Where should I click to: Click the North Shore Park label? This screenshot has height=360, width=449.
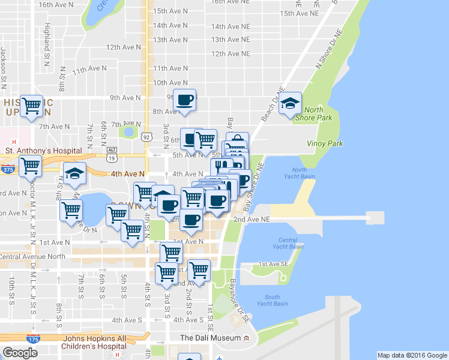[318, 114]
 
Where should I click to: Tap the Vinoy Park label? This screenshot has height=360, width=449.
[325, 143]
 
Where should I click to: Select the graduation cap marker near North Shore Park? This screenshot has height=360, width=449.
[291, 103]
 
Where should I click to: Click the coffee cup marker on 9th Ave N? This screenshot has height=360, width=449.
[185, 100]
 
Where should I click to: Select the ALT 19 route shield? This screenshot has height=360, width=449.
[112, 154]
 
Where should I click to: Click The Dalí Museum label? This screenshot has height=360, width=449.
[211, 338]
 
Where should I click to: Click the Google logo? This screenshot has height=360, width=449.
[20, 353]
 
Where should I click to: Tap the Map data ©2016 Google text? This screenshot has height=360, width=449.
[412, 355]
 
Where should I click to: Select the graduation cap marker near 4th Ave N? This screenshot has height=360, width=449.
[74, 174]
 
